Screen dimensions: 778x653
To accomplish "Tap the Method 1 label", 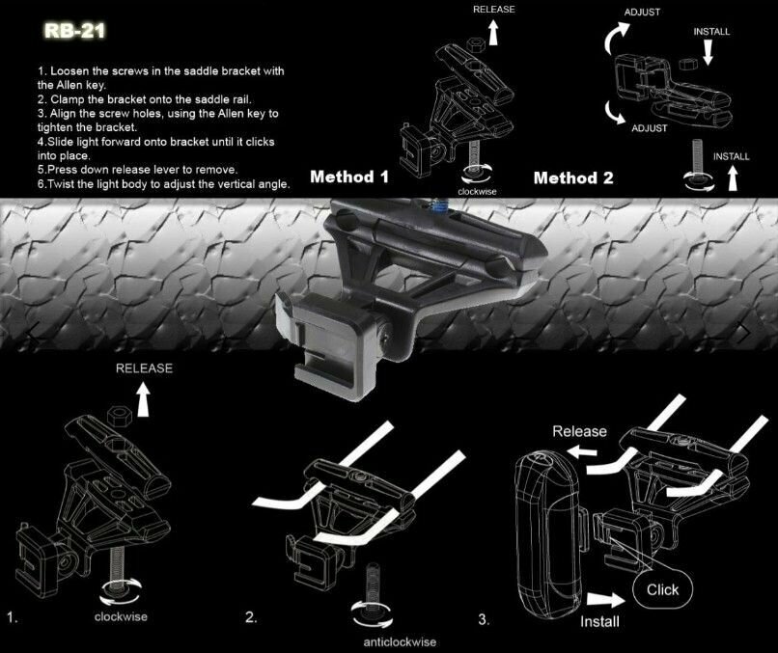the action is coord(349,177).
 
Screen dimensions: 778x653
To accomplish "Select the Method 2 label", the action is coord(572,177).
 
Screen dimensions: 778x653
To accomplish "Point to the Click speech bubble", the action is coord(662,589).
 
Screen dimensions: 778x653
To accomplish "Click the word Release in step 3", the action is coord(579,431).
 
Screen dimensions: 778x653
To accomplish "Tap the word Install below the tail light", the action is coord(599,622).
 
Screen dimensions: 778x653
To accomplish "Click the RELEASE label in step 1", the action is coord(144,367).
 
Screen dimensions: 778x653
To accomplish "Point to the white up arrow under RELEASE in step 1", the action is coord(144,397).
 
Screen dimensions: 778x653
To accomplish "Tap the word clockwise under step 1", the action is coord(121,616).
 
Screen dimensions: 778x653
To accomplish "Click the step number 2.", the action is coord(251,617).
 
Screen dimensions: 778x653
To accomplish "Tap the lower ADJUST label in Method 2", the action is coord(650,127).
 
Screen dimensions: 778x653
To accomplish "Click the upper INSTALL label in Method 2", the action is coord(711,31).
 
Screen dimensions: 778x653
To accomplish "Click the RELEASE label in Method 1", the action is coord(495,9).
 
